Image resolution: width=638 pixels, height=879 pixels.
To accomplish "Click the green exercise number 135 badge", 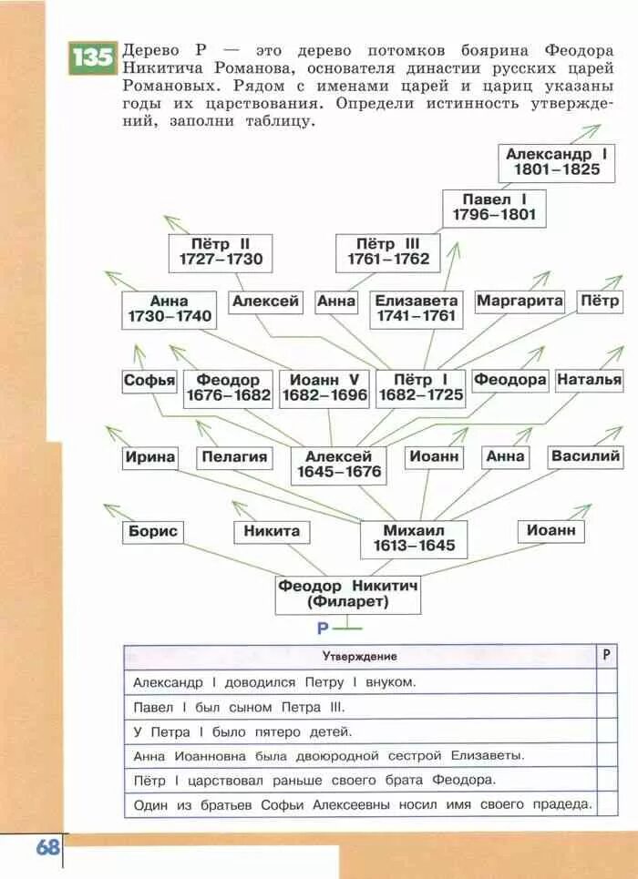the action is (92, 58).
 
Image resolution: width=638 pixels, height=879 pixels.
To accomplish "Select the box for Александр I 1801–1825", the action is (554, 162).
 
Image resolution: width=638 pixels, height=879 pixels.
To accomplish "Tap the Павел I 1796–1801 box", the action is (494, 208).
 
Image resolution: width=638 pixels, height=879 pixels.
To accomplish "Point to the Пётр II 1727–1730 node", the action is (220, 251).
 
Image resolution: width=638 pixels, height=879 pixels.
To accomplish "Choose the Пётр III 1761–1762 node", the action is (387, 251).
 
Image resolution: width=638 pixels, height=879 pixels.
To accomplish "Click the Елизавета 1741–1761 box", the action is (416, 309).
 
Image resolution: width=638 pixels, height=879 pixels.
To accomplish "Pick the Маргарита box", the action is (520, 301).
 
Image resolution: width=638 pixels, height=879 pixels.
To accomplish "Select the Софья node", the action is (149, 381).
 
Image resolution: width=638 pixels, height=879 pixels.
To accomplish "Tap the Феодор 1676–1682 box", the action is (228, 387).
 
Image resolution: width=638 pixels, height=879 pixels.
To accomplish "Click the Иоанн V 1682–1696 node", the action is (324, 387).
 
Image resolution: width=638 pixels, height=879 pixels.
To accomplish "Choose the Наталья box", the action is (589, 380).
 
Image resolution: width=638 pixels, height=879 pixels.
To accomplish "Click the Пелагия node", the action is (235, 457).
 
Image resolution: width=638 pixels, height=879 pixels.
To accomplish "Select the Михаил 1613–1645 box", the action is (413, 538).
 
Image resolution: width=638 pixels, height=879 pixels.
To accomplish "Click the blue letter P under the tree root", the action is (322, 629).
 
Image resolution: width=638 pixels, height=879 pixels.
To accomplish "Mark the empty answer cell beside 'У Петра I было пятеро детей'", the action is (606, 731).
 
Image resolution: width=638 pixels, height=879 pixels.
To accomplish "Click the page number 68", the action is (48, 847).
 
